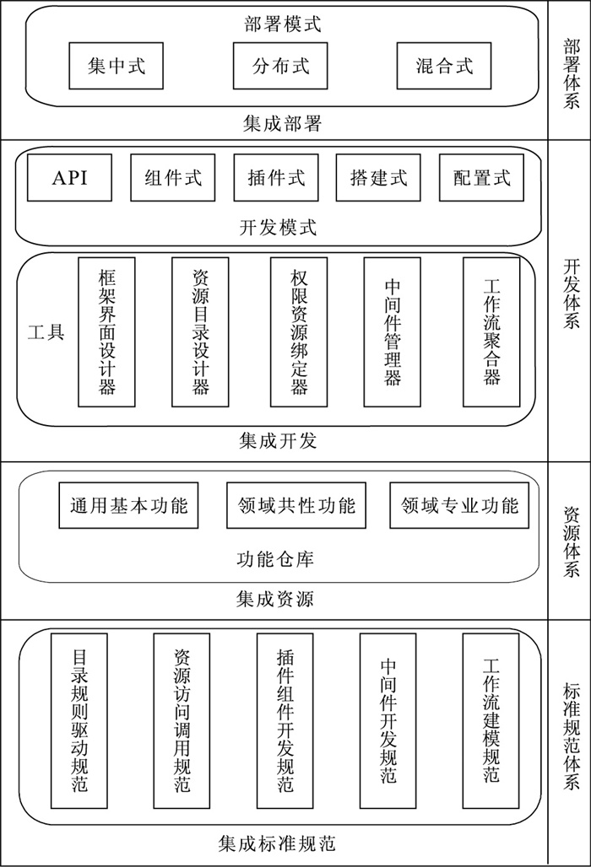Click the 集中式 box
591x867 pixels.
pos(117,65)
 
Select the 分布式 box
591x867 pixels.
pos(280,65)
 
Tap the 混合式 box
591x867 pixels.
pos(444,65)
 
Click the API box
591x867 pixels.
pos(69,177)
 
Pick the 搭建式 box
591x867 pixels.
pos(378,177)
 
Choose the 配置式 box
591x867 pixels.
pos(482,177)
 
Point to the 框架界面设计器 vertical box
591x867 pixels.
pos(106,331)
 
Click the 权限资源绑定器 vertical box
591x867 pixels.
pos(299,331)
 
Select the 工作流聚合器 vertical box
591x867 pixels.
pos(491,331)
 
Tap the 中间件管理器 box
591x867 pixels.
pos(392,331)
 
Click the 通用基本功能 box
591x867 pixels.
pos(128,506)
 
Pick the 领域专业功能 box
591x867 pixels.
pos(459,506)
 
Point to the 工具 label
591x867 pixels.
pos(46,331)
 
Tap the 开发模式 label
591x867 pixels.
pos(278,227)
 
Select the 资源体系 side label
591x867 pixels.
pos(571,541)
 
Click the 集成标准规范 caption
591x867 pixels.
pos(278,842)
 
